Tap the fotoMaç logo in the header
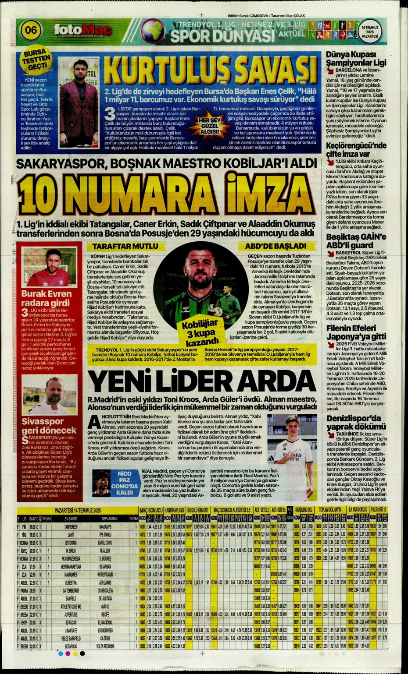(82, 30)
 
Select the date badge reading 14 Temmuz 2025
(369, 32)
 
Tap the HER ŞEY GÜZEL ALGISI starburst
(209, 126)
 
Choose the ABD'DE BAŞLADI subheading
(276, 246)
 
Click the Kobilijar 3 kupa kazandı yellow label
(200, 332)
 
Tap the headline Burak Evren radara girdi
(46, 298)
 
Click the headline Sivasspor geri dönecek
(49, 425)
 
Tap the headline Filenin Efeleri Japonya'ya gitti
(356, 332)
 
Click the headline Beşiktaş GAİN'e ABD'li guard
(356, 241)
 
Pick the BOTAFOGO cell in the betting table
(71, 646)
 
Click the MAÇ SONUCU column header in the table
(151, 510)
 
